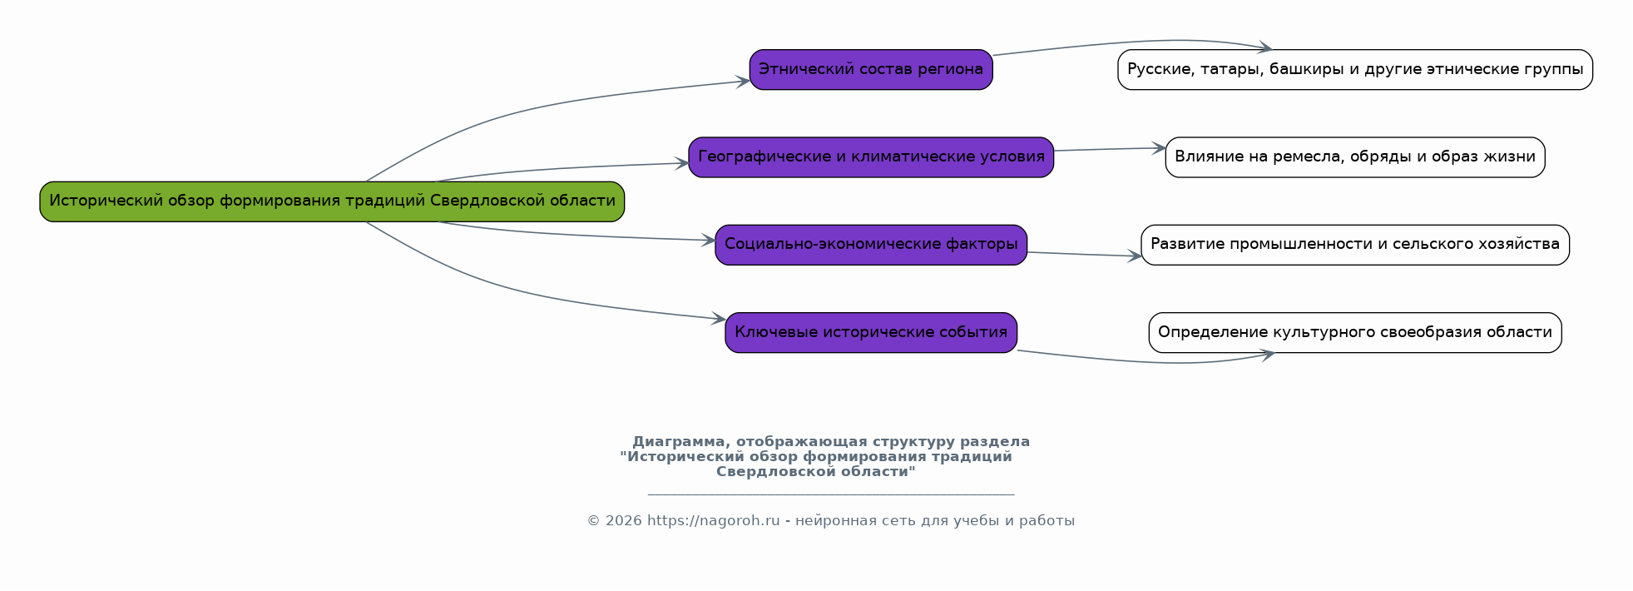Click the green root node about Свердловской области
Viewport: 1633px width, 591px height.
pyautogui.click(x=332, y=201)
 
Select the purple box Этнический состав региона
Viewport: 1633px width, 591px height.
pyautogui.click(x=871, y=70)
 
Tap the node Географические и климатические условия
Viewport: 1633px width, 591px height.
pyautogui.click(x=871, y=157)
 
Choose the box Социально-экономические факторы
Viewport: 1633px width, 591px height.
pyautogui.click(x=871, y=245)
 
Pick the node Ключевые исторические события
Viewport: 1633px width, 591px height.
pyautogui.click(x=871, y=333)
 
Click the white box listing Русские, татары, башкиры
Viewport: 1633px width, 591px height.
pyautogui.click(x=1355, y=70)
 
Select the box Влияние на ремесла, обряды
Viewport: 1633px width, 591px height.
pyautogui.click(x=1355, y=157)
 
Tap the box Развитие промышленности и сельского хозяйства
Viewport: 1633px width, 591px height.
pyautogui.click(x=1355, y=245)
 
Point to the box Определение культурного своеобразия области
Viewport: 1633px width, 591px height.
pyautogui.click(x=1355, y=333)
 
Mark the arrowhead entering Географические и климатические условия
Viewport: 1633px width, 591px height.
pyautogui.click(x=681, y=163)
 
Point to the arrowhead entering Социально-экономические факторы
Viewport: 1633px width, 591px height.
pyautogui.click(x=708, y=241)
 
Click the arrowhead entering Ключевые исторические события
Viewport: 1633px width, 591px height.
pyautogui.click(x=719, y=319)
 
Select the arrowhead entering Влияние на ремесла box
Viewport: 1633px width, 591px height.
pyautogui.click(x=1158, y=148)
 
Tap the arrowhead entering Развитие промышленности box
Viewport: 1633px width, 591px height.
pyautogui.click(x=1134, y=256)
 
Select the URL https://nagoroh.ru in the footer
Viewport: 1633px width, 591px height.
pyautogui.click(x=713, y=521)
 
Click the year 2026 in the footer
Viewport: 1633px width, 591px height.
pyautogui.click(x=623, y=521)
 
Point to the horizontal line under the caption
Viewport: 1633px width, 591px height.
pyautogui.click(x=831, y=494)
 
